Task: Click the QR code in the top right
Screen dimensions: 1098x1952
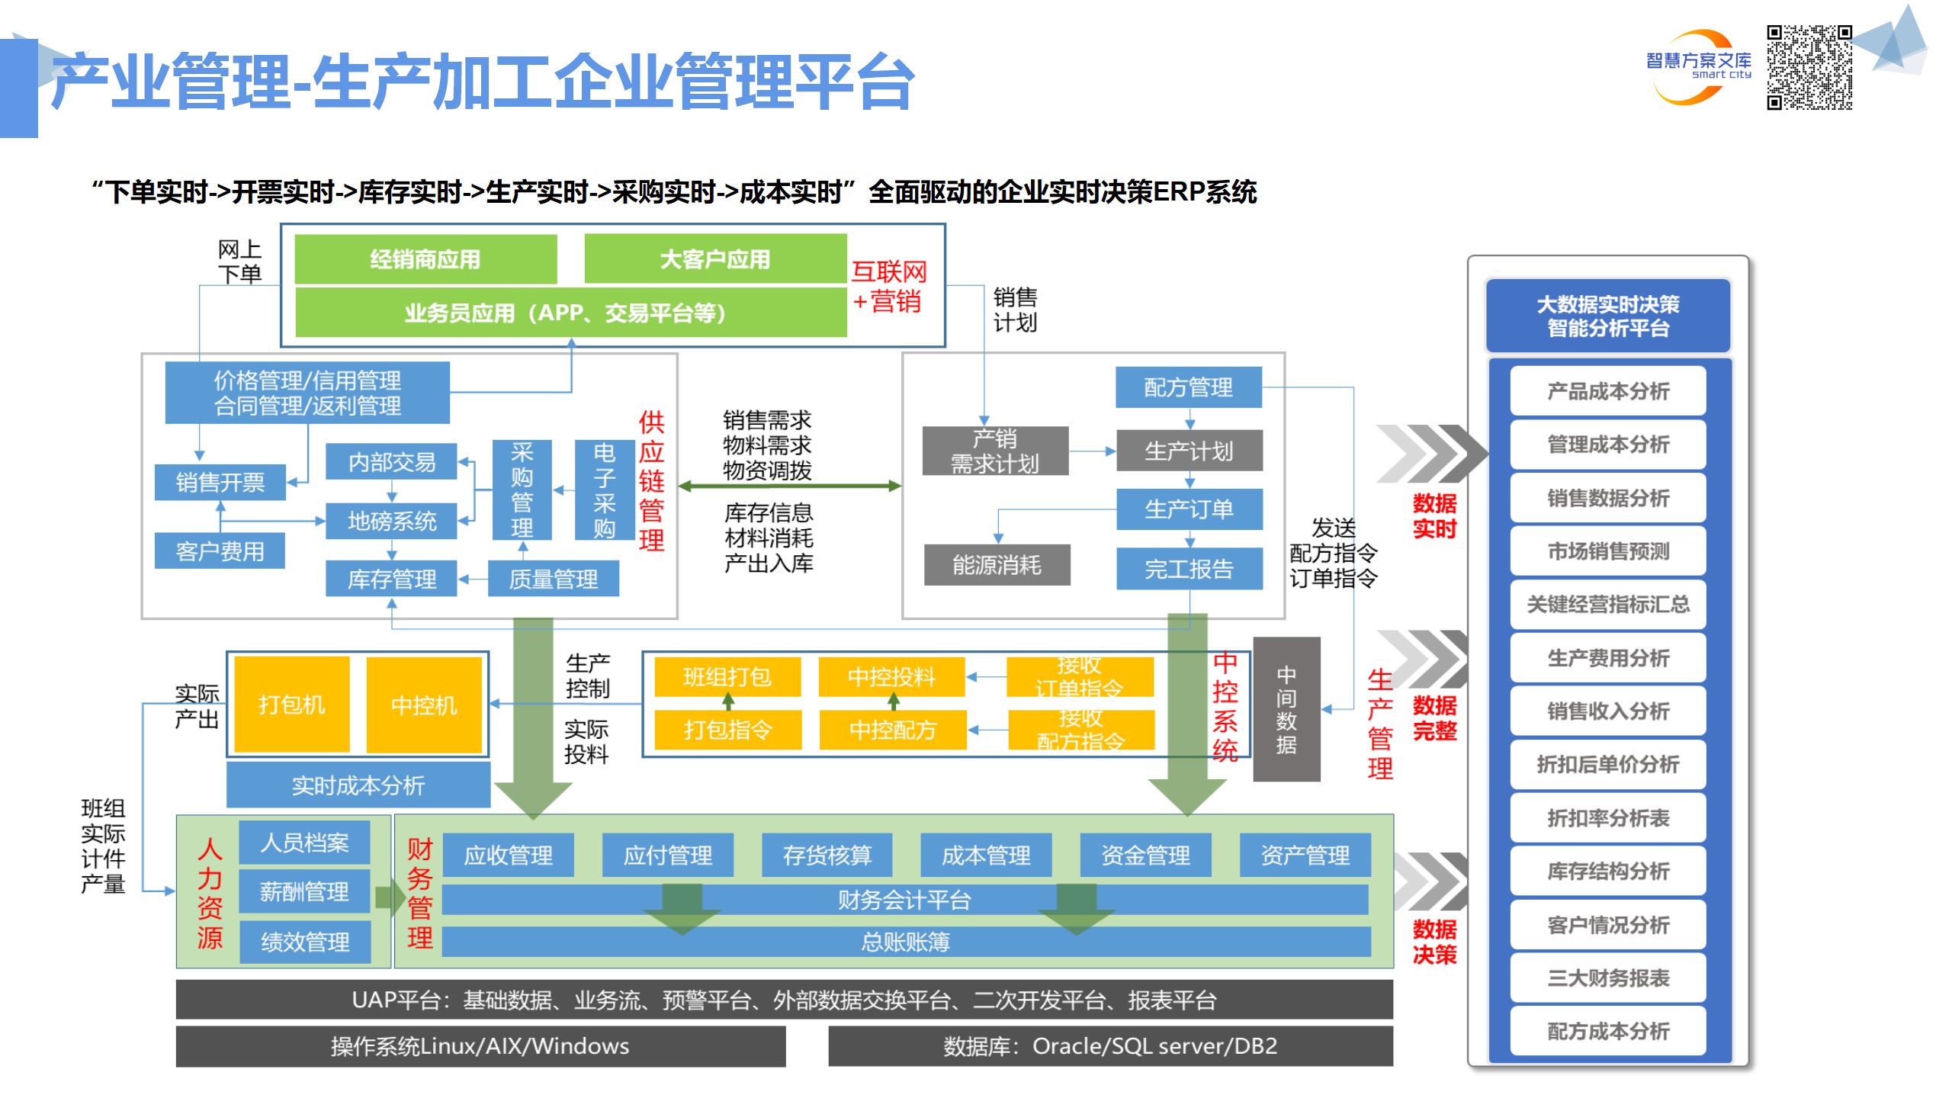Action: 1809,67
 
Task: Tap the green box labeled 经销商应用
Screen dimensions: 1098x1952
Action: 425,258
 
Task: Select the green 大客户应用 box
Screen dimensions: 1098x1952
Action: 714,258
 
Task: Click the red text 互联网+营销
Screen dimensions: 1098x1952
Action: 888,286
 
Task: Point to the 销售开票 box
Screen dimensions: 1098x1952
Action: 220,482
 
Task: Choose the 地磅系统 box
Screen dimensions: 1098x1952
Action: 391,521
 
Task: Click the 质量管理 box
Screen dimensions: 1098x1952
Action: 553,579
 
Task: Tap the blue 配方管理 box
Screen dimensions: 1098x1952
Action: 1188,387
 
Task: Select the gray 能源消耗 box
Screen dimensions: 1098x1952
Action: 997,565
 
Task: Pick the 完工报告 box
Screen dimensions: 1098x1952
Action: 1189,569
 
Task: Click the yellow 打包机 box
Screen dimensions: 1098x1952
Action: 291,705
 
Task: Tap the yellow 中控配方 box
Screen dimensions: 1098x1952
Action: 892,730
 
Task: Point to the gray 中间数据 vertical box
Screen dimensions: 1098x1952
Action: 1286,709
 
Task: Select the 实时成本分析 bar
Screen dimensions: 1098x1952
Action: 358,785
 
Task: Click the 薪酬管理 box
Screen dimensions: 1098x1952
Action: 304,891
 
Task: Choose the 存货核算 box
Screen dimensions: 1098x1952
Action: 827,855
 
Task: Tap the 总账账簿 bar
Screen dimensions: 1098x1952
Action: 905,942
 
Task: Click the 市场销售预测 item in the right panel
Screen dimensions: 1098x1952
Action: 1607,551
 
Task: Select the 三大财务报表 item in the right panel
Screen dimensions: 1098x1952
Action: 1607,978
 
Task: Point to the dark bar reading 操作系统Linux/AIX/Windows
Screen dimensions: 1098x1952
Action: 480,1045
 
